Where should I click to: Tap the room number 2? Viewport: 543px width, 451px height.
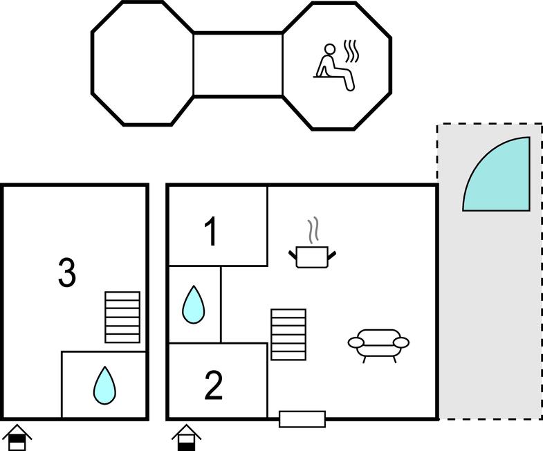(213, 386)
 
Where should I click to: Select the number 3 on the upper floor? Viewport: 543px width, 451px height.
(66, 273)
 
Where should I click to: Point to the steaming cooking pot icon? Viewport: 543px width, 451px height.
(313, 257)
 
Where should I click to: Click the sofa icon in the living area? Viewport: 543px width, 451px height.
(378, 343)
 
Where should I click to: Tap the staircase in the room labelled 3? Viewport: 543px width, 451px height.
(122, 317)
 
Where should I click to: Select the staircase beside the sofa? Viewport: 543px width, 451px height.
(288, 334)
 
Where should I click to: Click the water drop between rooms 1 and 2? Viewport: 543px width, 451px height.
(194, 305)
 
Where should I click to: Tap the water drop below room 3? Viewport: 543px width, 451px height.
(104, 385)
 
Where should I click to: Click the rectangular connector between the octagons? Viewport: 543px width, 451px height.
(238, 64)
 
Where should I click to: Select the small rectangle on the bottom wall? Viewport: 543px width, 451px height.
(302, 418)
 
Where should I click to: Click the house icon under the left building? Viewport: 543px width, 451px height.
(17, 439)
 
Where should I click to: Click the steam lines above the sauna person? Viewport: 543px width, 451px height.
(352, 51)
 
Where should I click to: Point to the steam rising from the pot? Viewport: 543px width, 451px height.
(313, 229)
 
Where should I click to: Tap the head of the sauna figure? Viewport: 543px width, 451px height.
(330, 49)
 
